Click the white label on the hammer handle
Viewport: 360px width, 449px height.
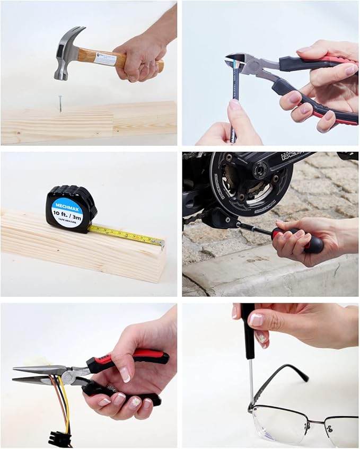(104, 58)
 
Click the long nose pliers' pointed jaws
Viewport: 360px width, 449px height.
(37, 374)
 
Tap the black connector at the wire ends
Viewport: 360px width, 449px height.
(59, 438)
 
